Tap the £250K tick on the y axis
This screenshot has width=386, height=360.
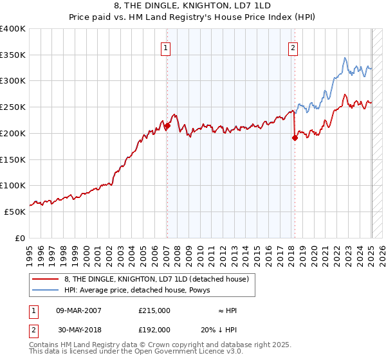[x=13, y=107]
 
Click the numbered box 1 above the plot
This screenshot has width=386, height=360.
[x=166, y=48]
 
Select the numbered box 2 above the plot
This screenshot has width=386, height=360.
[x=293, y=48]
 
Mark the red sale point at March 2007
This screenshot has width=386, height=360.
[x=167, y=126]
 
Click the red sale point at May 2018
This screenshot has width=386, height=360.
[x=295, y=138]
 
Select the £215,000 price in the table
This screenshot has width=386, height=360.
[x=154, y=310]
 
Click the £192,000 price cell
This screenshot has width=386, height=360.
[x=154, y=330]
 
